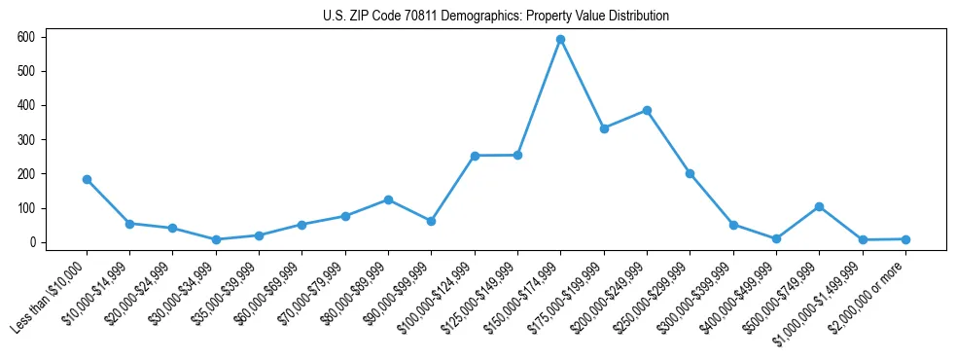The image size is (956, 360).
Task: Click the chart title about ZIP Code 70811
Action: [496, 16]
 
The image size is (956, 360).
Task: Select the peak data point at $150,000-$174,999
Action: [560, 39]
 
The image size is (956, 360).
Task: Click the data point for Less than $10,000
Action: [87, 179]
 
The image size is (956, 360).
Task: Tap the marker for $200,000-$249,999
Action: [647, 110]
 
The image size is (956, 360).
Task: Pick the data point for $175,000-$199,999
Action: [604, 128]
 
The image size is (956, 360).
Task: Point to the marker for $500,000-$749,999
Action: [819, 206]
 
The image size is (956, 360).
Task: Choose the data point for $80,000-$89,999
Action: [388, 199]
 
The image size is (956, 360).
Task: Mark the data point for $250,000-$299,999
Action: [690, 173]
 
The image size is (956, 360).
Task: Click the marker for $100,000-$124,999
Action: [475, 156]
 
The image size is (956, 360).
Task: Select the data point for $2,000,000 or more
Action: [905, 239]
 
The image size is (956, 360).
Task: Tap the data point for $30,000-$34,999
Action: [216, 239]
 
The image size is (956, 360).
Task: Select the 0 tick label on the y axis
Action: [32, 242]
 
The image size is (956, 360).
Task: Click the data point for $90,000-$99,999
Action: [431, 221]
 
